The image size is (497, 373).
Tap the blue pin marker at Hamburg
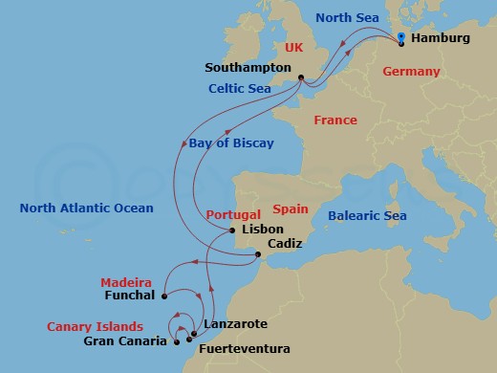click(x=402, y=38)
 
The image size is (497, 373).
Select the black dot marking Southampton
click(x=300, y=78)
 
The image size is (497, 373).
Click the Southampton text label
click(x=248, y=68)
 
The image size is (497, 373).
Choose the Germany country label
click(x=411, y=72)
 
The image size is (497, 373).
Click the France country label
click(x=335, y=121)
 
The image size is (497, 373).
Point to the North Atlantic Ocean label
click(x=87, y=208)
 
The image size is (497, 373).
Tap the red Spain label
click(x=291, y=208)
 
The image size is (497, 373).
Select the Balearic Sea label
click(x=367, y=216)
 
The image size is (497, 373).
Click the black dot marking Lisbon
click(x=231, y=230)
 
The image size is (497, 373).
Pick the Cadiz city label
click(x=286, y=244)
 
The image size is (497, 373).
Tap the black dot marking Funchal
click(x=164, y=295)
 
